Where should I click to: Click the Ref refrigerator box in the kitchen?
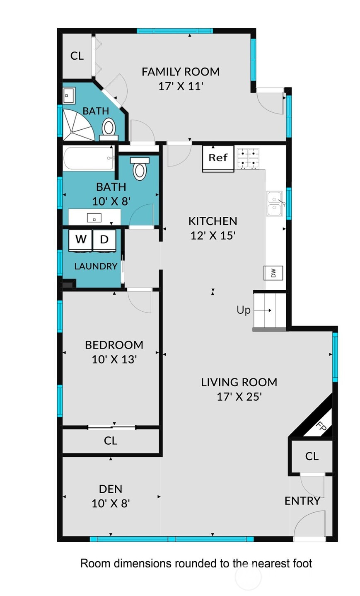[x=218, y=158]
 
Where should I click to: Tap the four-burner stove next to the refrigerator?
[x=248, y=158]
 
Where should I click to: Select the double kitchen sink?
[x=275, y=204]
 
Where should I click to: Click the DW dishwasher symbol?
[x=273, y=273]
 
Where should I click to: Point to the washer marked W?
[x=81, y=240]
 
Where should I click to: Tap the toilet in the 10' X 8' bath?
[x=140, y=168]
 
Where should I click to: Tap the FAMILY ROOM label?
[x=181, y=72]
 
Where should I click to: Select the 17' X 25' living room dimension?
[x=239, y=397]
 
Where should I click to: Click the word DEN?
[x=111, y=489]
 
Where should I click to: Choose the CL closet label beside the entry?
[x=312, y=456]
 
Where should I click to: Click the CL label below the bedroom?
[x=111, y=441]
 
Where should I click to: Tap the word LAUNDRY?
[x=96, y=266]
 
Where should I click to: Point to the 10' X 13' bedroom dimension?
[x=114, y=359]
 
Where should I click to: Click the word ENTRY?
[x=302, y=501]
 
